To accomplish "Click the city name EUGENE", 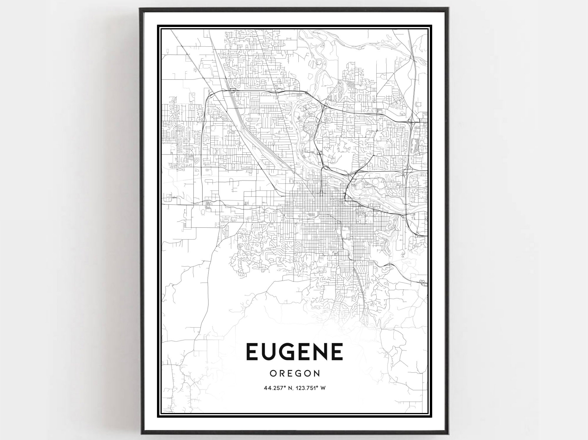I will coord(295,352).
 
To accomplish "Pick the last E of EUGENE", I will coord(337,352).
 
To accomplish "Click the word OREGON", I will coord(295,373).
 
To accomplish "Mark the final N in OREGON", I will coord(317,373).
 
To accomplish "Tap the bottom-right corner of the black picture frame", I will coord(447,434).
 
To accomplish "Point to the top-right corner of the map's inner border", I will coord(428,29).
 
